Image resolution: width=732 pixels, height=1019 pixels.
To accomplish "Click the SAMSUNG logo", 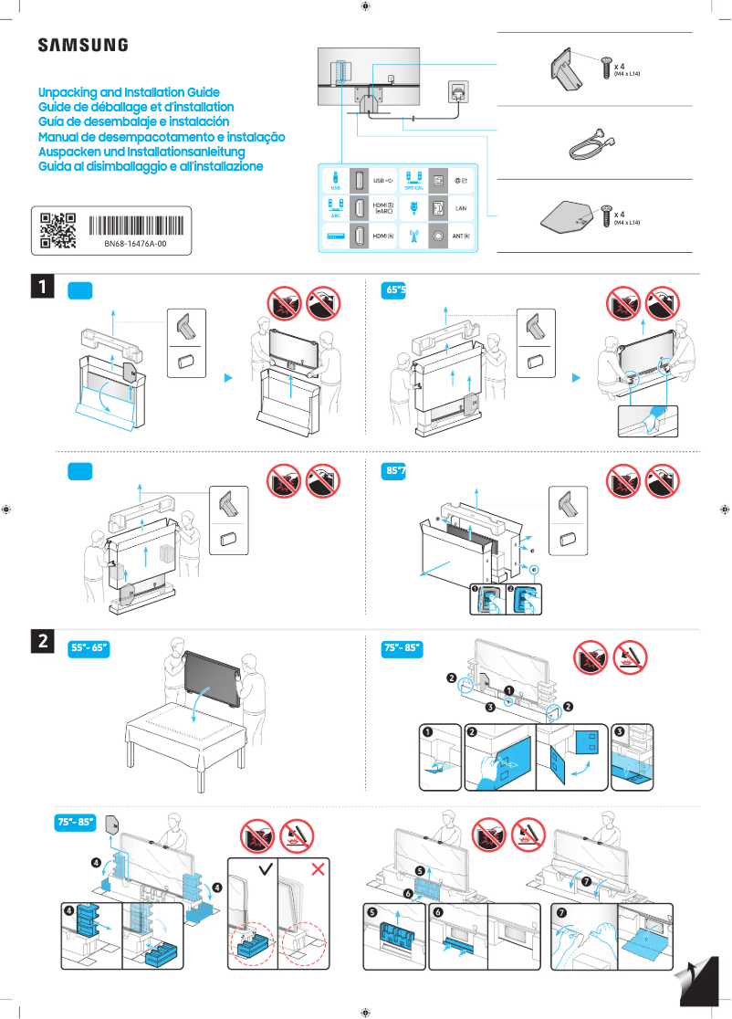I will click(x=82, y=46).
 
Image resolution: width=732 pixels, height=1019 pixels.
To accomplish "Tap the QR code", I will click(x=58, y=230).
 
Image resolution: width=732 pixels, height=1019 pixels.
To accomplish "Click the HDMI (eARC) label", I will click(x=383, y=207).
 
